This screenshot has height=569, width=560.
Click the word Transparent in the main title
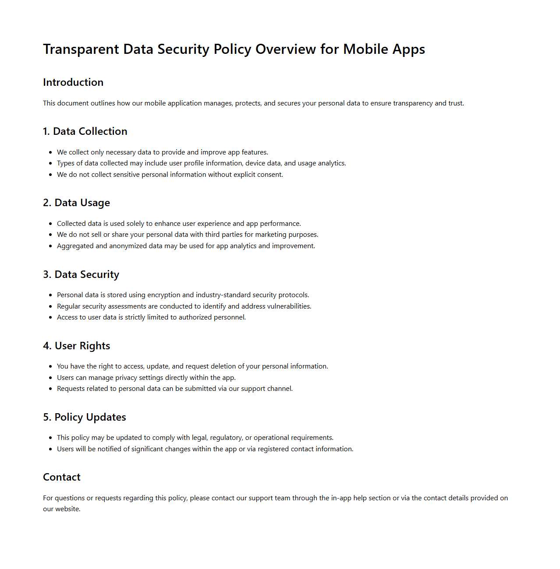[x=81, y=49]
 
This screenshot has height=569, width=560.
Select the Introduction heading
[x=73, y=82]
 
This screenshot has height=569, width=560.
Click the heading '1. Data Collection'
[x=85, y=131]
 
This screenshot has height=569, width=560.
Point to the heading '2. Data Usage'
[x=76, y=203]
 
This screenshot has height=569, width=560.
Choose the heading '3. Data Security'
[x=81, y=274]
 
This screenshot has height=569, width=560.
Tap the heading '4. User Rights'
[x=76, y=346]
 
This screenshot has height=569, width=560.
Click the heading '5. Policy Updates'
[x=85, y=417]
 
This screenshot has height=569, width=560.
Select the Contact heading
[x=62, y=477]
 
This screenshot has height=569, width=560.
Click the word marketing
[x=271, y=235]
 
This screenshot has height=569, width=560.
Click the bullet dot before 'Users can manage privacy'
[x=50, y=378]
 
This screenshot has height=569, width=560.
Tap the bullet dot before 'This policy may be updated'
[x=50, y=438]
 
